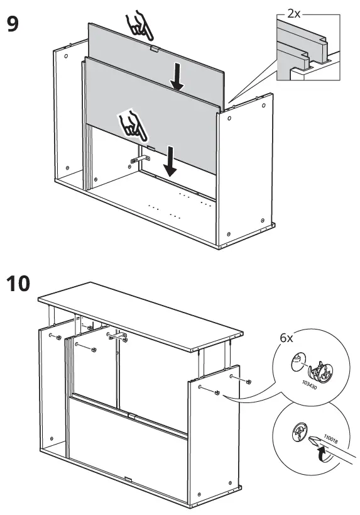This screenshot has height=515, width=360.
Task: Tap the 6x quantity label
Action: coord(286,338)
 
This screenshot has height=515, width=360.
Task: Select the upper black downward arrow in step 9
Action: coord(178,77)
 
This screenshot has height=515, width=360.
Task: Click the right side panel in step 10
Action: coord(214,434)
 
